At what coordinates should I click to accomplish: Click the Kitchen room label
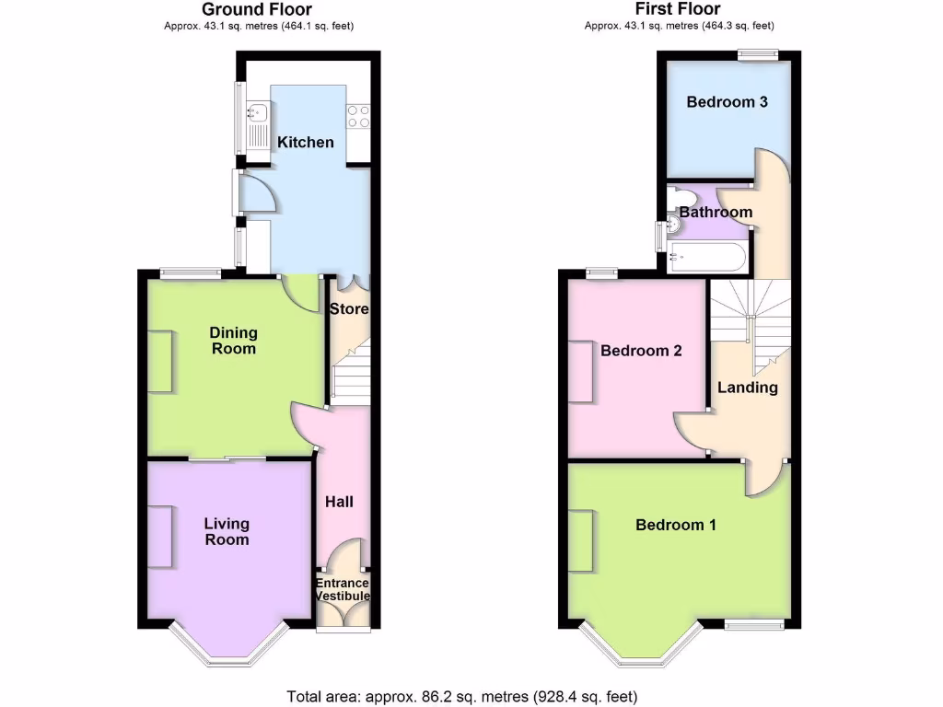[306, 142]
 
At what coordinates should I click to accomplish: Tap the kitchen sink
[257, 113]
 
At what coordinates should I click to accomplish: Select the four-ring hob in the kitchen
[357, 115]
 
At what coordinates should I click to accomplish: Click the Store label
[349, 309]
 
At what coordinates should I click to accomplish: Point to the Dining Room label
[233, 341]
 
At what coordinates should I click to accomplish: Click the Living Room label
[227, 531]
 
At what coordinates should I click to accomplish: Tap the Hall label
[339, 502]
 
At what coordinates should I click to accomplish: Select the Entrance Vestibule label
[343, 589]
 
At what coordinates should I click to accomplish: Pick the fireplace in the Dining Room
[159, 362]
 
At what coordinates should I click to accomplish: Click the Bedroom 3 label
[727, 102]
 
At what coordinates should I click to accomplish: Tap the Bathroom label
[716, 212]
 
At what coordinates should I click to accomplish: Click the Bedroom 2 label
[641, 351]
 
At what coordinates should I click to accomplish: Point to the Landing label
[747, 388]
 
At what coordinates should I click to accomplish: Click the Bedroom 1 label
[676, 525]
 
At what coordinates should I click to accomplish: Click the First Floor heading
[678, 9]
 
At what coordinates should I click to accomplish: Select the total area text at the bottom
[461, 696]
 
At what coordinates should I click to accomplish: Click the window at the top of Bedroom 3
[757, 55]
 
